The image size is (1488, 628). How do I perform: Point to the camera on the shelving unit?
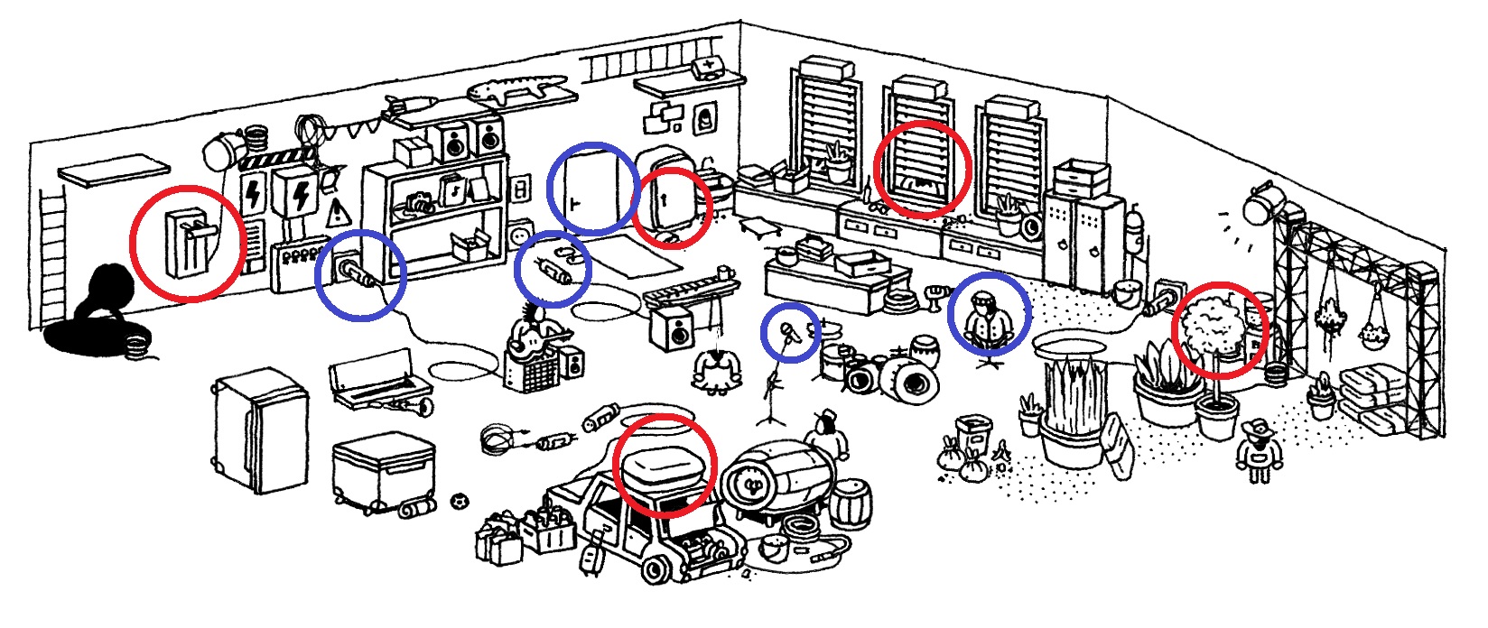pyautogui.click(x=418, y=202)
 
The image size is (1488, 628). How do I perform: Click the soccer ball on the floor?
pyautogui.click(x=460, y=499)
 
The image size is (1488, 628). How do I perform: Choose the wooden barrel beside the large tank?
pyautogui.click(x=850, y=503)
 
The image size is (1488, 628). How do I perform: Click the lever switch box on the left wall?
pyautogui.click(x=186, y=242)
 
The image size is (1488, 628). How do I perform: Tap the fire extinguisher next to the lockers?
pyautogui.click(x=1135, y=231)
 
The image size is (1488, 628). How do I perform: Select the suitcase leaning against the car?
pyautogui.click(x=592, y=553)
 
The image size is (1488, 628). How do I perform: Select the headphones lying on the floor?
pyautogui.click(x=495, y=440)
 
